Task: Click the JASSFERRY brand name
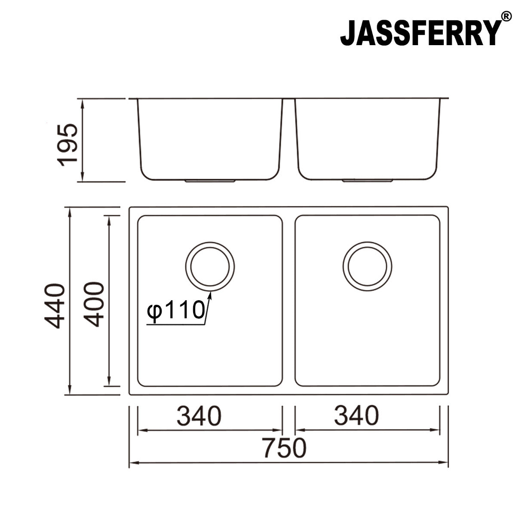(421, 33)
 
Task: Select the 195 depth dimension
(68, 145)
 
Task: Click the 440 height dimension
(55, 305)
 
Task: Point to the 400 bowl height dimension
(93, 304)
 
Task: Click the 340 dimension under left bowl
(200, 416)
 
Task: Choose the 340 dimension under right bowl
(357, 416)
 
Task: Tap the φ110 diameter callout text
(175, 310)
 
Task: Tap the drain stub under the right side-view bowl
(368, 181)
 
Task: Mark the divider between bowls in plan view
(289, 301)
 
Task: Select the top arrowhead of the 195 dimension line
(82, 102)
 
